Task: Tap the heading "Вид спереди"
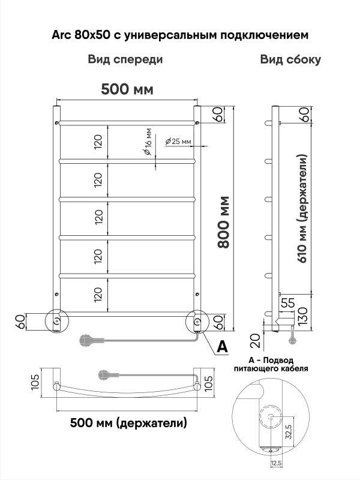[x=125, y=59]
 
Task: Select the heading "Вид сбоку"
[x=290, y=59]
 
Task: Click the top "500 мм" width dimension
[x=127, y=89]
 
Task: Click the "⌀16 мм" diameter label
[x=148, y=141]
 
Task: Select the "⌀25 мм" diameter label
[x=178, y=141]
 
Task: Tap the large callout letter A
[x=222, y=347]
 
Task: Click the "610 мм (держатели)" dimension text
[x=302, y=208]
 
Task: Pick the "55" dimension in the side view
[x=288, y=303]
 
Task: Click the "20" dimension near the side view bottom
[x=256, y=341]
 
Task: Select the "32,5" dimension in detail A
[x=289, y=431]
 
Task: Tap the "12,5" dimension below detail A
[x=276, y=472]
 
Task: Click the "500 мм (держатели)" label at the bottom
[x=128, y=423]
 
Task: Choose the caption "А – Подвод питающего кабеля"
[x=271, y=364]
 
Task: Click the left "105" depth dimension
[x=35, y=382]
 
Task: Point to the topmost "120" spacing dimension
[x=98, y=142]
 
